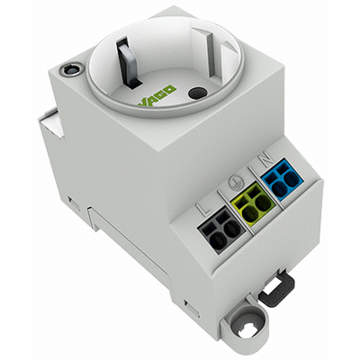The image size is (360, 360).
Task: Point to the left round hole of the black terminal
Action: pos(217,230)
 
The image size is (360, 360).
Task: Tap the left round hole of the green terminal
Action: pos(248,207)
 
